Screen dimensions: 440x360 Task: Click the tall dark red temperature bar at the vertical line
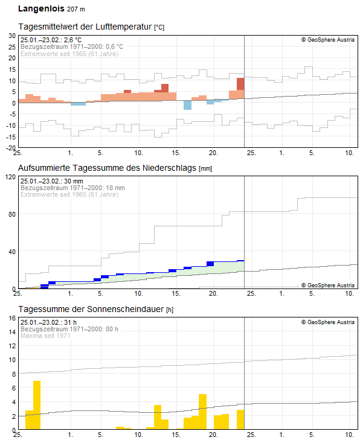(x=240, y=84)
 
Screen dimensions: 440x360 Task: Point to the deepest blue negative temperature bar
(x=187, y=106)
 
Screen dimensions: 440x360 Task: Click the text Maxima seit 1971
(x=46, y=336)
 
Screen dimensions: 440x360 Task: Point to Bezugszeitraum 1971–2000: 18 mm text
(x=72, y=188)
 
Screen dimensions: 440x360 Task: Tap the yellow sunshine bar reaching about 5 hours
(x=202, y=411)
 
